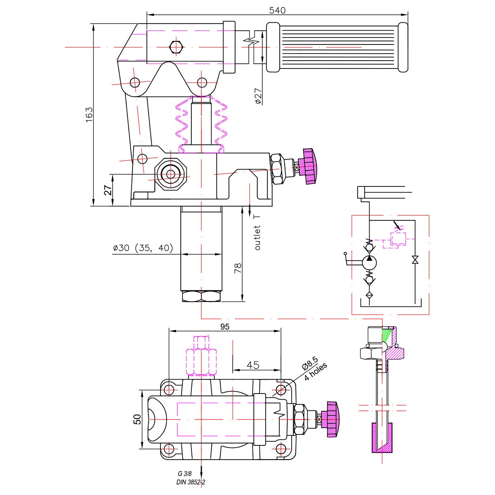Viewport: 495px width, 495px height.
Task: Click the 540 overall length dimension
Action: click(x=277, y=10)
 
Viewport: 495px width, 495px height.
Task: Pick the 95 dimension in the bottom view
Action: click(x=225, y=327)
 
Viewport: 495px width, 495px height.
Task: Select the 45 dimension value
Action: click(x=253, y=365)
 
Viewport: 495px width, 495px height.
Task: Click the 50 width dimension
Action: click(x=137, y=420)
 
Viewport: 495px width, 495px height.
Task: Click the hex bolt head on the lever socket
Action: click(x=177, y=47)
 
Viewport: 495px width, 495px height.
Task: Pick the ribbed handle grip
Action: click(x=337, y=47)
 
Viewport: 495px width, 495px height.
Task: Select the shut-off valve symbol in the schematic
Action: click(x=415, y=260)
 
